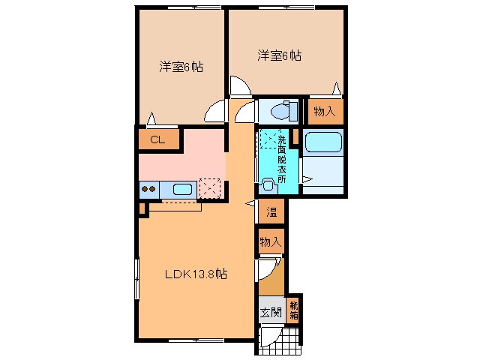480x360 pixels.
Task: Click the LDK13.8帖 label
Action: [x=196, y=274]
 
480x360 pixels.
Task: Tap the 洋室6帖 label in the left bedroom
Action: [x=181, y=67]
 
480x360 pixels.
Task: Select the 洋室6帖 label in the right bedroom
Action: [x=280, y=55]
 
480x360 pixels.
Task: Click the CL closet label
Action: [x=157, y=139]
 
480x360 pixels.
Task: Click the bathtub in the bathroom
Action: [x=323, y=142]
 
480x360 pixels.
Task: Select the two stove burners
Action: [x=148, y=190]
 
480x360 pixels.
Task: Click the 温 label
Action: [x=271, y=212]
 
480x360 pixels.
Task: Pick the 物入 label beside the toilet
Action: [x=324, y=112]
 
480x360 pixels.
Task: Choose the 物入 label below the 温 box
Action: [x=271, y=241]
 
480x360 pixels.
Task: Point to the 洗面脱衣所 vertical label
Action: [x=282, y=154]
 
